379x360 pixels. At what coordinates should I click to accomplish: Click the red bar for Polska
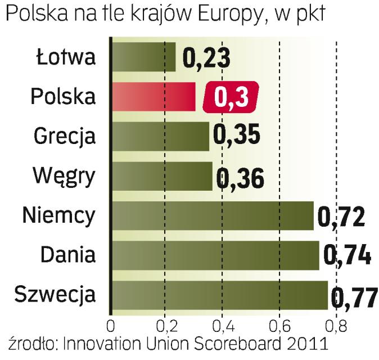(153, 96)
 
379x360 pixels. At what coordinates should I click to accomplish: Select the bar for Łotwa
(143, 57)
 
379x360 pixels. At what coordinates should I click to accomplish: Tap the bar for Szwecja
(219, 295)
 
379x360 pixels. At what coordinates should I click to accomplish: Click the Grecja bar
(160, 136)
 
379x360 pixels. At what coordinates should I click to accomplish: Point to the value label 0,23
(206, 57)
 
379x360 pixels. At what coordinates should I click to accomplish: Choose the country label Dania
(68, 254)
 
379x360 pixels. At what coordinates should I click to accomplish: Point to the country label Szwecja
(56, 294)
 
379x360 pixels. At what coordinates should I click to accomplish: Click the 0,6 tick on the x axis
(279, 326)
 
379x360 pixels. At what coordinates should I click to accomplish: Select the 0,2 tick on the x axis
(165, 326)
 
